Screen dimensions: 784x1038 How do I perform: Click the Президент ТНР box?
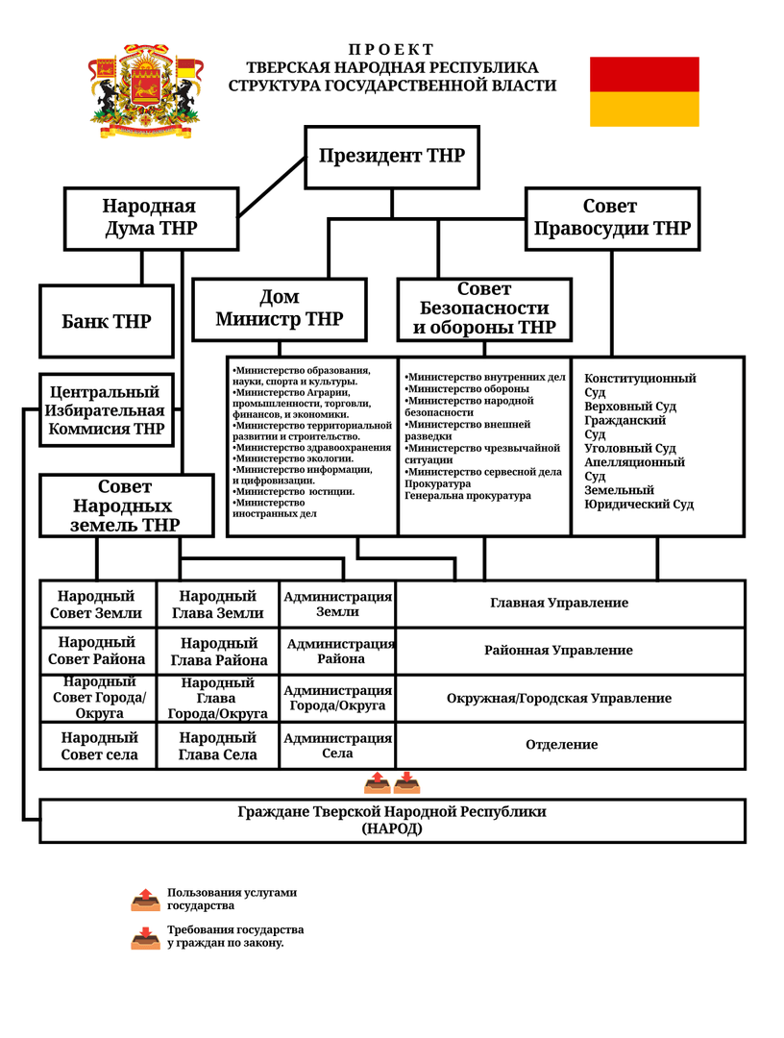pos(392,158)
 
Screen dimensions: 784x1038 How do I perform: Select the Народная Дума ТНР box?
pos(151,218)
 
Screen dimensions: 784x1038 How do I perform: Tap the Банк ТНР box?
pos(107,322)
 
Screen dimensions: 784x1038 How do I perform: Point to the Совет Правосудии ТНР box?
pos(612,218)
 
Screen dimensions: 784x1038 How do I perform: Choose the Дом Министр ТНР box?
pos(280,309)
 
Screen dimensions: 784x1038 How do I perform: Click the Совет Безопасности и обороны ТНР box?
pos(484,309)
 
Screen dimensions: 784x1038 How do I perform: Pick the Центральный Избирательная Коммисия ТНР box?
pos(107,410)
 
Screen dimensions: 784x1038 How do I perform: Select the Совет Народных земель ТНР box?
pos(127,506)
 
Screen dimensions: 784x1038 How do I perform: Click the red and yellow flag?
pos(645,91)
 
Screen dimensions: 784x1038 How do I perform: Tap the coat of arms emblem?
pos(146,91)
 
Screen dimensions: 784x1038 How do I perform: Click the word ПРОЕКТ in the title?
pos(392,50)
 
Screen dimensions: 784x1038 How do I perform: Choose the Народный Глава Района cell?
pos(218,652)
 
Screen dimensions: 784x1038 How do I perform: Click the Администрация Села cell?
pos(337,746)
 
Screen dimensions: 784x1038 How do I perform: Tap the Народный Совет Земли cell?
pos(98,604)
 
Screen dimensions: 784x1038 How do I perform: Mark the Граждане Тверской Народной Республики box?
pos(392,821)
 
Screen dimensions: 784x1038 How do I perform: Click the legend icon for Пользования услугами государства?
pos(145,901)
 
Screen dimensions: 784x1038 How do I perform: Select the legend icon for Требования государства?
pos(145,938)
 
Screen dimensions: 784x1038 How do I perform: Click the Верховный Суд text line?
pos(630,407)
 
